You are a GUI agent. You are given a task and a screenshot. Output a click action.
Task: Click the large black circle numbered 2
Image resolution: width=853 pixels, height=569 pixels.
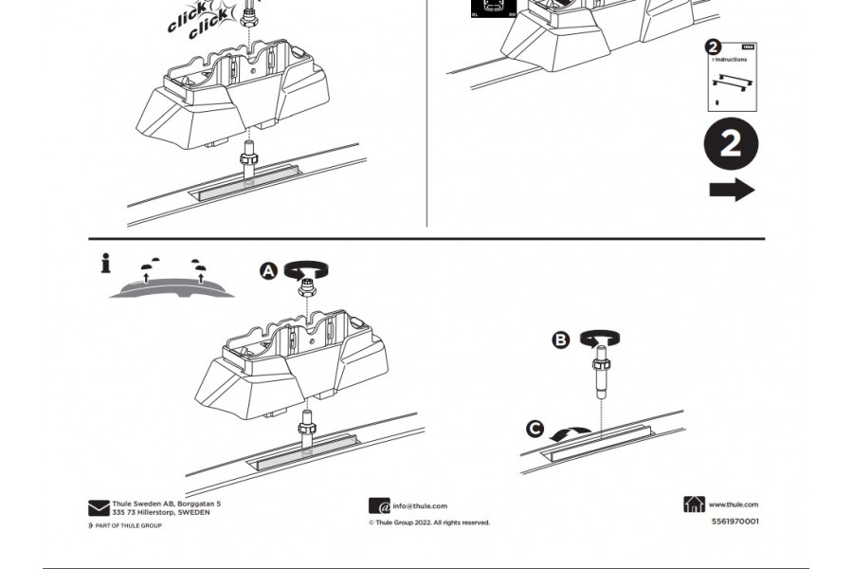731,145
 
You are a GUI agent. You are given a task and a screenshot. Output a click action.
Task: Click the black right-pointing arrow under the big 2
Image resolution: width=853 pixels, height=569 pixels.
732,190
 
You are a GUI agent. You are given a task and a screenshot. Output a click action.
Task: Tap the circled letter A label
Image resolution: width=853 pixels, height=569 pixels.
269,271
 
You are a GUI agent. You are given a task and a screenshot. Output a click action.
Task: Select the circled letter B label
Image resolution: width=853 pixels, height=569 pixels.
561,340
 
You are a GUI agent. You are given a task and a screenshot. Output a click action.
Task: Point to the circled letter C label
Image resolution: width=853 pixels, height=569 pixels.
535,430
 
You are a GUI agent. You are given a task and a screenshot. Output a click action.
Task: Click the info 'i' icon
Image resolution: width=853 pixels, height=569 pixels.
105,265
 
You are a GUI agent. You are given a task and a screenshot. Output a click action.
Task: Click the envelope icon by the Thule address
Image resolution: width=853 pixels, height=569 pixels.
99,508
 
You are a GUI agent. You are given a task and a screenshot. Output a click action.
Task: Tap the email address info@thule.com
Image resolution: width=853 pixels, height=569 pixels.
420,506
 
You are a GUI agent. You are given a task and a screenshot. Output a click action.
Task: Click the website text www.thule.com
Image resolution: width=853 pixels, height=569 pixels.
733,505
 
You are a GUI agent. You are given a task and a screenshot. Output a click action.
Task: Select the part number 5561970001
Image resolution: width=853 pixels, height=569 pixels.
735,521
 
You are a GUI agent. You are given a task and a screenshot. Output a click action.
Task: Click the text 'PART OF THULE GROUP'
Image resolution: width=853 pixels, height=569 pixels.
128,525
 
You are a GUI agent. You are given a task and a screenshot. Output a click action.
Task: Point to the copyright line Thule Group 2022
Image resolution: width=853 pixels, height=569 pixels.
429,523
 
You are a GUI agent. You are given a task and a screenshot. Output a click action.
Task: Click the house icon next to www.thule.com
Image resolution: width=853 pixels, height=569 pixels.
694,505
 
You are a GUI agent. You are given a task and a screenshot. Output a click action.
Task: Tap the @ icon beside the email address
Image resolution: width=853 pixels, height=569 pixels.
379,506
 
